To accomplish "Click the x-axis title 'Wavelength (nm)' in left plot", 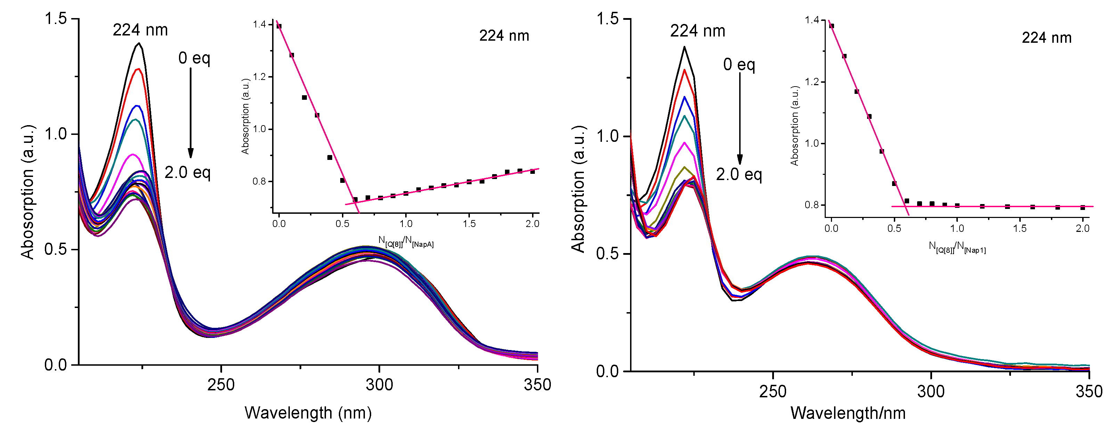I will click(308, 412).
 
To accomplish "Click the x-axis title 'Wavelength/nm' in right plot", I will click(848, 413).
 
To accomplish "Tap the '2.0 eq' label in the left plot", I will click(187, 173).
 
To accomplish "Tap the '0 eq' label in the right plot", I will click(739, 65).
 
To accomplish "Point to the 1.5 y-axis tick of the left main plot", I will click(56, 19).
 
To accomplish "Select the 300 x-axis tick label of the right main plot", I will click(931, 391).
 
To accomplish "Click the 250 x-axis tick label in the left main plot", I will click(221, 385).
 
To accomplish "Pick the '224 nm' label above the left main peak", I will click(140, 30).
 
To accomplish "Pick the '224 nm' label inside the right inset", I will click(1046, 38).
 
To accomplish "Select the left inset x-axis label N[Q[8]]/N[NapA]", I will click(406, 241).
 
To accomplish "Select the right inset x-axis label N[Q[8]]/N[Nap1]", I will click(957, 247).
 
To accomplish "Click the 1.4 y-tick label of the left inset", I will click(259, 24).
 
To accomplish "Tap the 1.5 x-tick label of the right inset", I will click(1020, 228).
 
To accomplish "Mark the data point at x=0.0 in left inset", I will click(279, 26).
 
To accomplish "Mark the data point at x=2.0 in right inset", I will click(1083, 208).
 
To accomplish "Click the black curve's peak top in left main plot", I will click(139, 43).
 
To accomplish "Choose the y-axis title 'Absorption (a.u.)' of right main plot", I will click(579, 189).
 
